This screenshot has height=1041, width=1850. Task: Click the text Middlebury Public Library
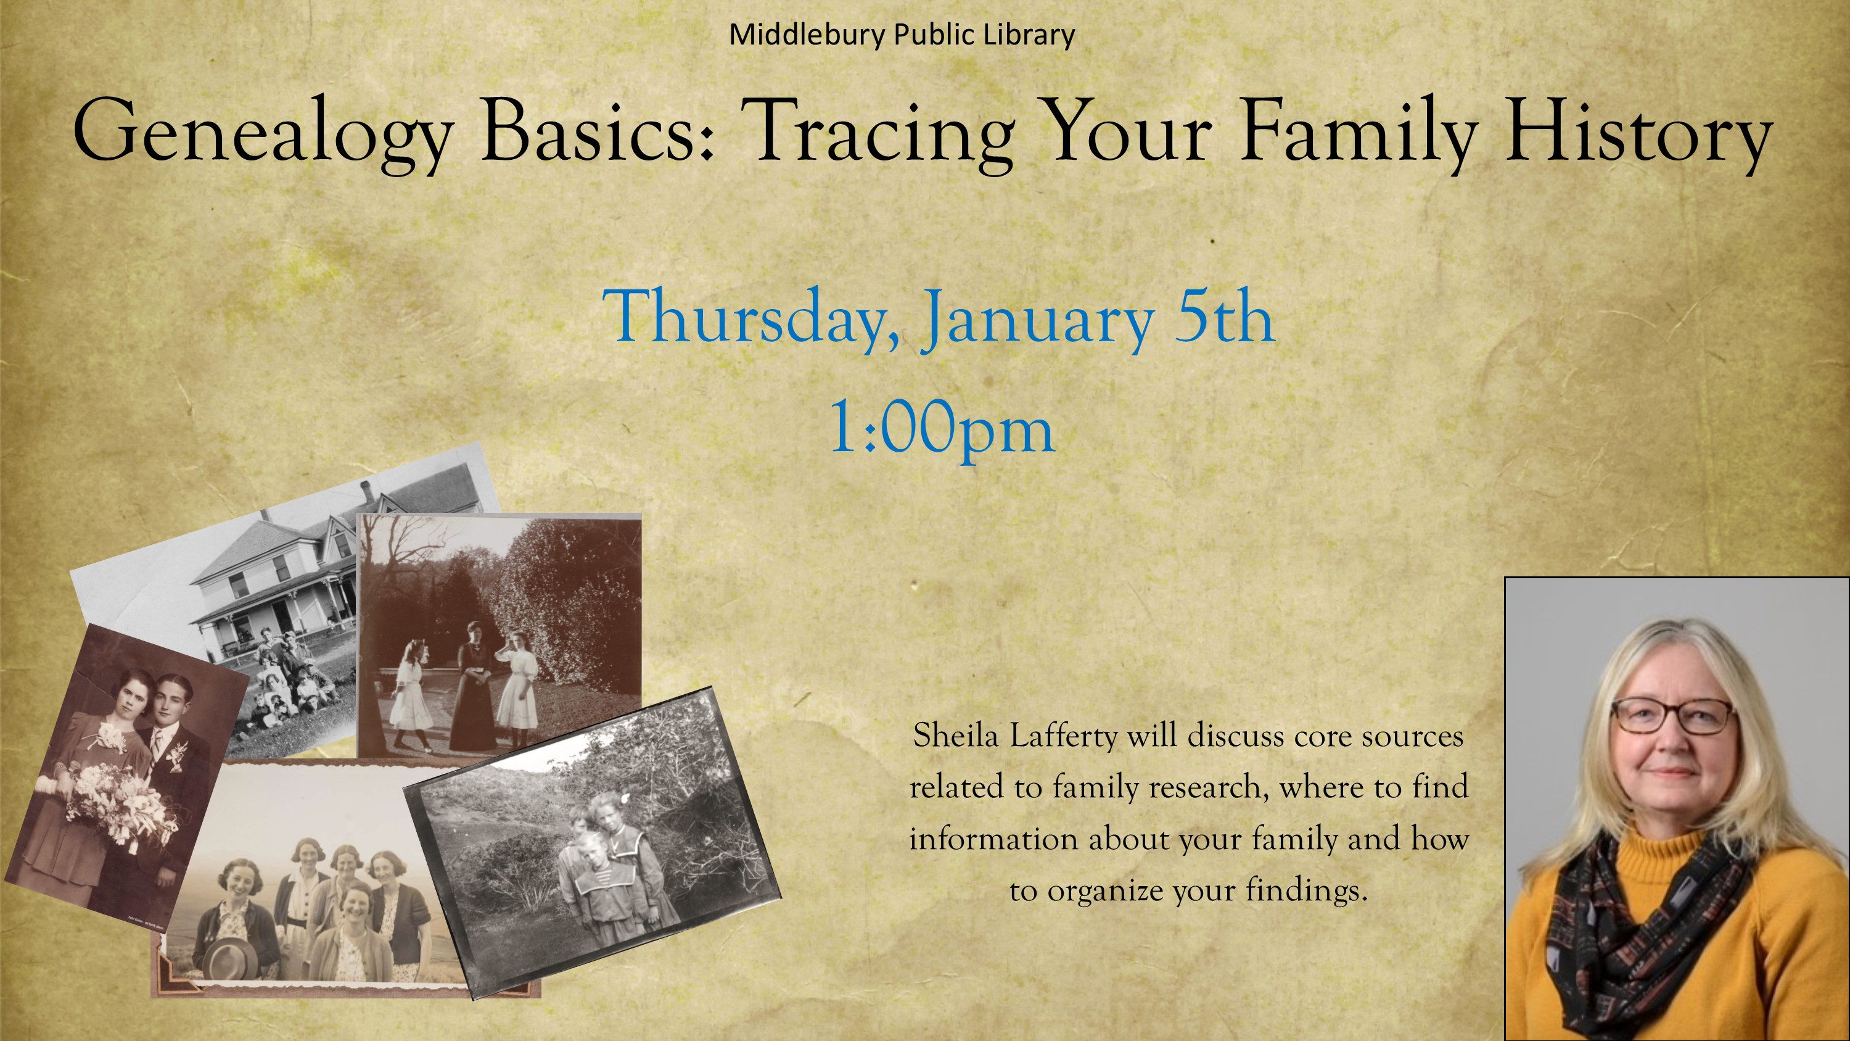click(902, 35)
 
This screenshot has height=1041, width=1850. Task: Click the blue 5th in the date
click(1225, 317)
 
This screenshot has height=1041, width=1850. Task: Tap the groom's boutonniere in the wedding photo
click(176, 754)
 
